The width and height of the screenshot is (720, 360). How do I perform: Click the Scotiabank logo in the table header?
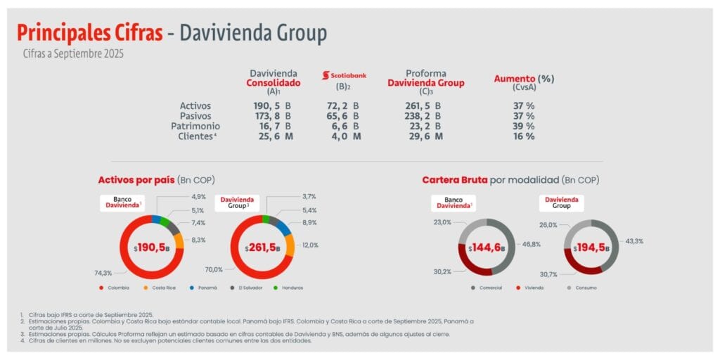pyautogui.click(x=344, y=75)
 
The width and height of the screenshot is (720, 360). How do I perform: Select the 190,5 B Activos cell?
pyautogui.click(x=272, y=106)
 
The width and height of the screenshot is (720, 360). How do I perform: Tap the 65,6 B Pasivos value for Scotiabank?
pyautogui.click(x=345, y=116)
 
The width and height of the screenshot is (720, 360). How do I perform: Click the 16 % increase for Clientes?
pyautogui.click(x=523, y=136)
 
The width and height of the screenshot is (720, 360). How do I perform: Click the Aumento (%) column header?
pyautogui.click(x=523, y=79)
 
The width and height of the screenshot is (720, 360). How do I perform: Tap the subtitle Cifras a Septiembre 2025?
pyautogui.click(x=73, y=53)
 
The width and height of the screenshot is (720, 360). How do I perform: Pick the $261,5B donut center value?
pyautogui.click(x=262, y=248)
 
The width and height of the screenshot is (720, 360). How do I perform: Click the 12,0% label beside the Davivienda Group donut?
pyautogui.click(x=311, y=245)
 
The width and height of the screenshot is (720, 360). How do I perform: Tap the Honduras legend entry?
pyautogui.click(x=288, y=288)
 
